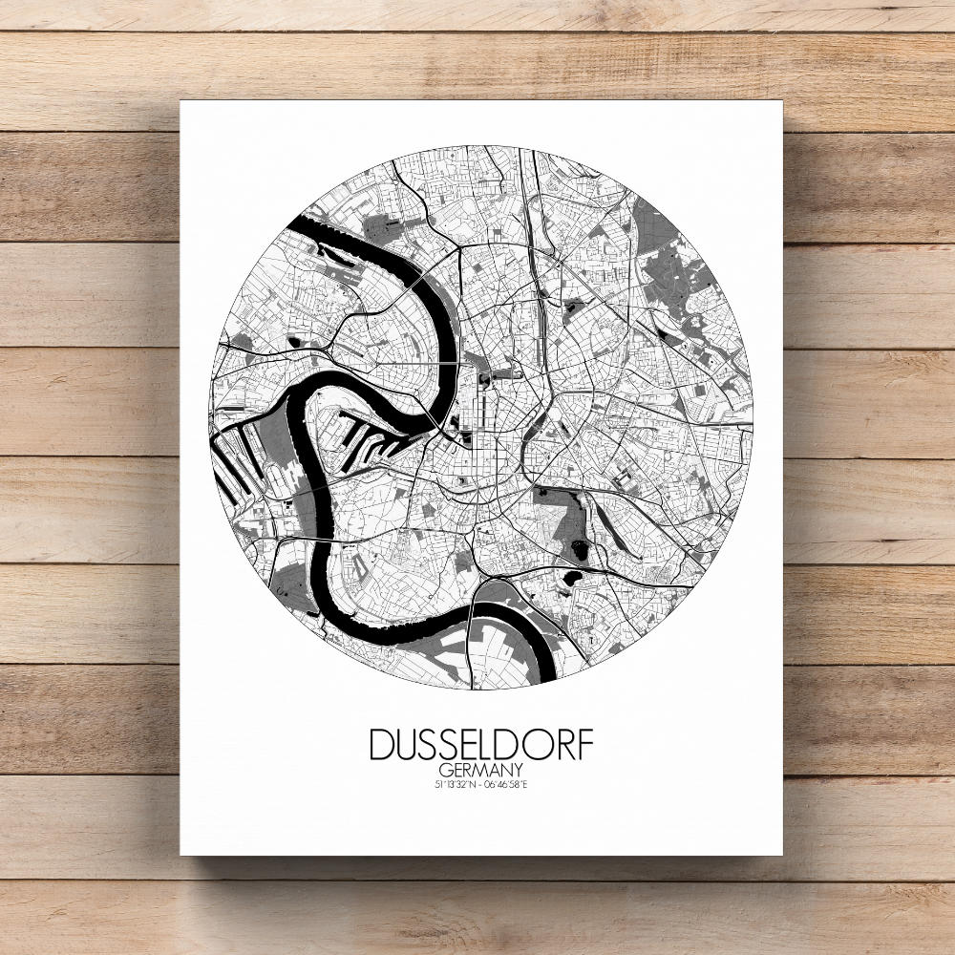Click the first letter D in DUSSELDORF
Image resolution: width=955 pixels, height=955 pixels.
pos(381,745)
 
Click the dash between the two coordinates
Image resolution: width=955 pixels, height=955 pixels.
pos(480,785)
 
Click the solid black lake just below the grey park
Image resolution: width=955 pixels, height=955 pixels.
pos(572,579)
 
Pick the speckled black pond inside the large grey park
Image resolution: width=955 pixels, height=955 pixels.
pos(580,548)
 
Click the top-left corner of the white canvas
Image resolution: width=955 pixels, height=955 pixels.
pos(182,101)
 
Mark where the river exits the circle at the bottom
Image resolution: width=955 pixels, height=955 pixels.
pos(543,672)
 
